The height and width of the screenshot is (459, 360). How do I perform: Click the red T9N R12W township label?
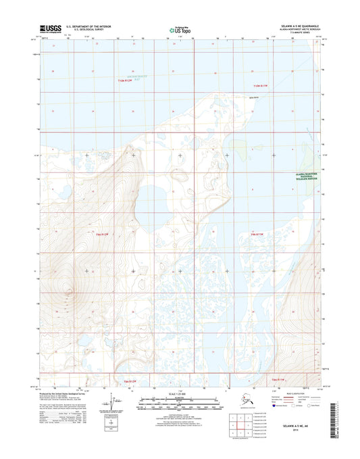point(99,235)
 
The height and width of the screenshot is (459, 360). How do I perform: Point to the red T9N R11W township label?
point(251,235)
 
